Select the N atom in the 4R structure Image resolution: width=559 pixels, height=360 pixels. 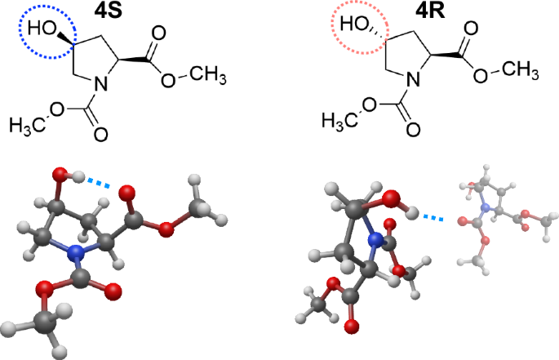coord(413,80)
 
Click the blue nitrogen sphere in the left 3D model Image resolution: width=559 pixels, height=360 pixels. coord(77,256)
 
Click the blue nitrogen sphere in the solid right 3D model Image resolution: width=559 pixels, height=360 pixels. coord(377,240)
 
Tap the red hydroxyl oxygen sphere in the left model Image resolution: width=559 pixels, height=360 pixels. coord(60,174)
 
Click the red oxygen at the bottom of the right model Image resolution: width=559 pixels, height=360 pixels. coord(352,327)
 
